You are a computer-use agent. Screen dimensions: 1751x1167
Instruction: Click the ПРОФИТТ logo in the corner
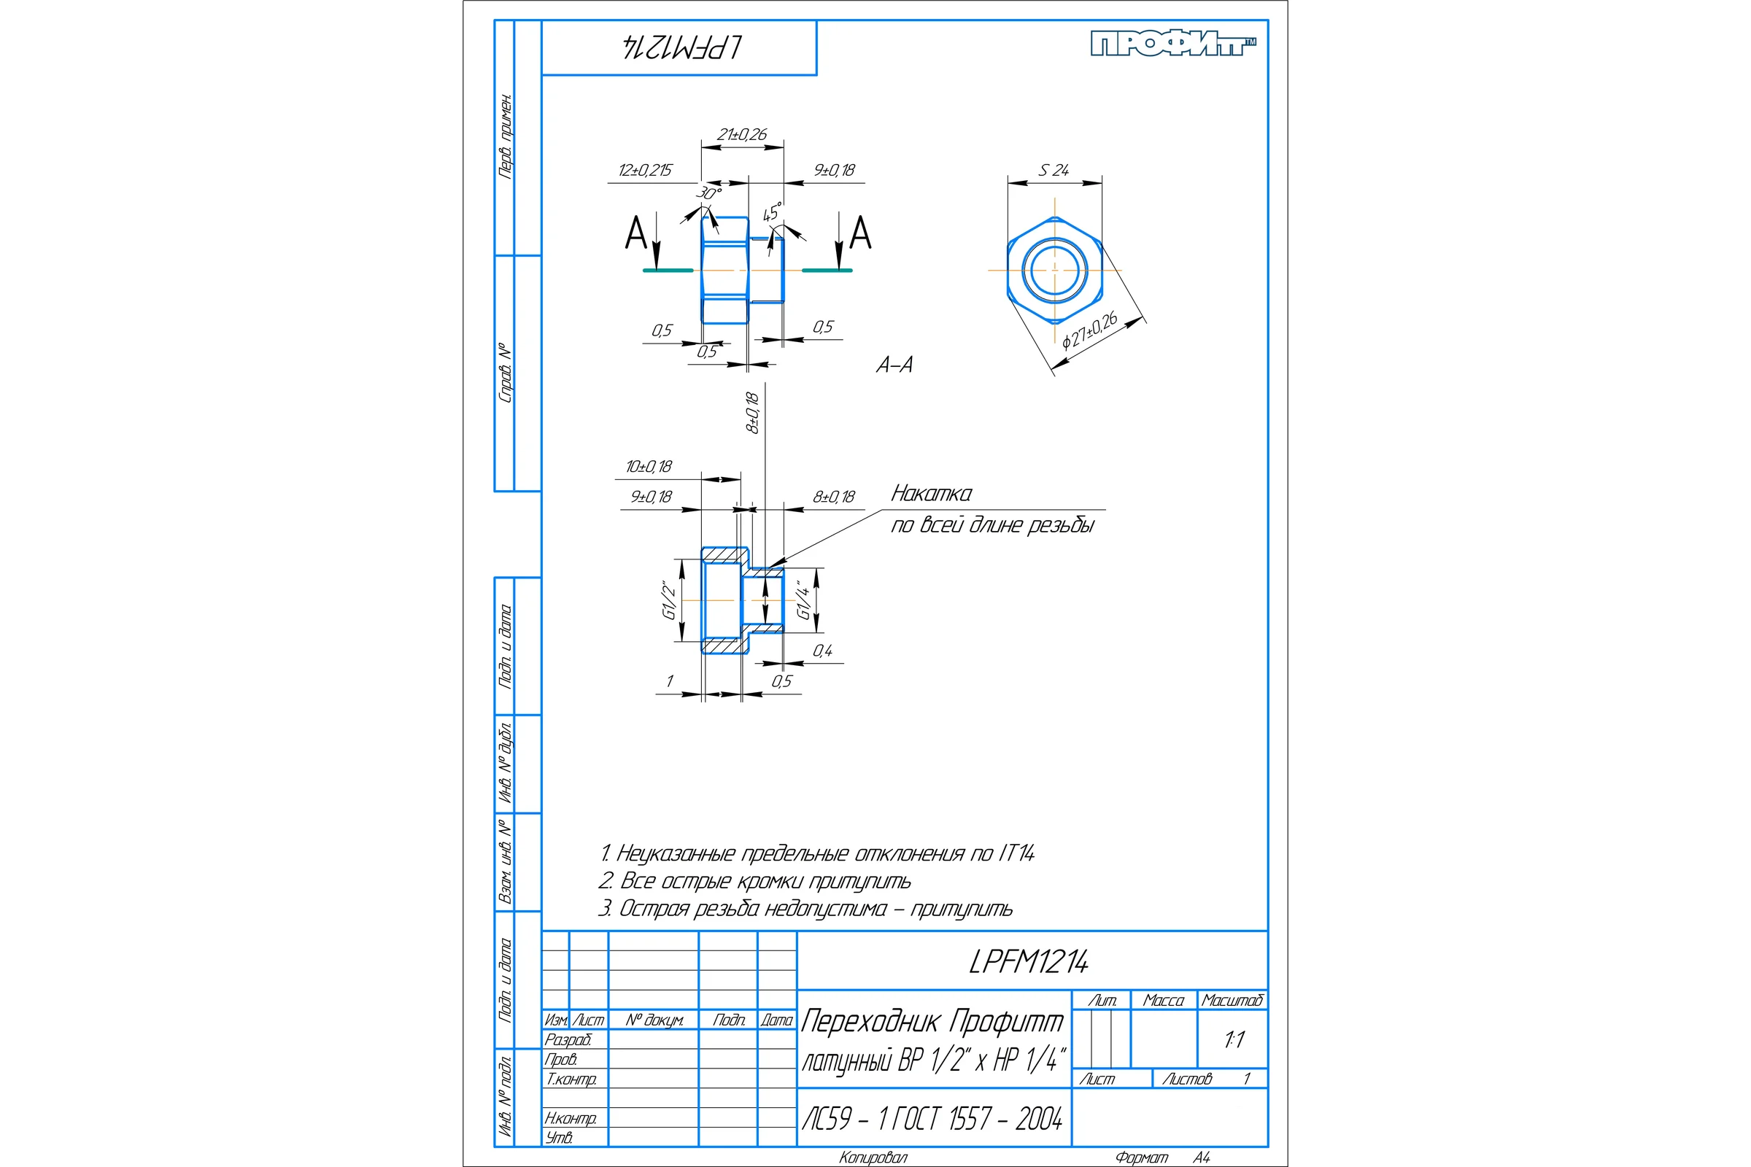click(x=1173, y=43)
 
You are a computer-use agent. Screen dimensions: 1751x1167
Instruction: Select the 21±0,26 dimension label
click(x=741, y=135)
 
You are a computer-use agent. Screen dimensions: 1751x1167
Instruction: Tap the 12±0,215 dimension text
click(x=645, y=171)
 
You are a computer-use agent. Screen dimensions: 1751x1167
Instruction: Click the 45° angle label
click(x=773, y=212)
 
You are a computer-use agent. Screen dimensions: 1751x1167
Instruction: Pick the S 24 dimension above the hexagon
click(x=1054, y=171)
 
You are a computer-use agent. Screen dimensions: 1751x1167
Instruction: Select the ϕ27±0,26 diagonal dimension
click(x=1090, y=331)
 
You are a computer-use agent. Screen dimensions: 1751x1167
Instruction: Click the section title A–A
click(x=894, y=365)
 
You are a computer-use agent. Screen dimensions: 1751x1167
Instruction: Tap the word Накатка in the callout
click(x=932, y=494)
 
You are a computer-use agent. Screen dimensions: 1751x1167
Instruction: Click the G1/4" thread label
click(x=803, y=600)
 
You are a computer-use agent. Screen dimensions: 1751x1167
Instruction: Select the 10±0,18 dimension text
click(x=649, y=467)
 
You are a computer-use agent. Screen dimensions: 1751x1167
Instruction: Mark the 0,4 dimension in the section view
click(x=822, y=651)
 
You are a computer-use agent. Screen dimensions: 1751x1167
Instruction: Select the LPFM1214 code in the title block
click(x=1028, y=961)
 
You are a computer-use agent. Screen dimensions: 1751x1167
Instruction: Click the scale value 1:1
click(x=1234, y=1040)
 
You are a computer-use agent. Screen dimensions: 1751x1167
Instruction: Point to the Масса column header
click(x=1163, y=1000)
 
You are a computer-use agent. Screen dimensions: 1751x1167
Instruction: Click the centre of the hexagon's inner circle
click(x=1054, y=270)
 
